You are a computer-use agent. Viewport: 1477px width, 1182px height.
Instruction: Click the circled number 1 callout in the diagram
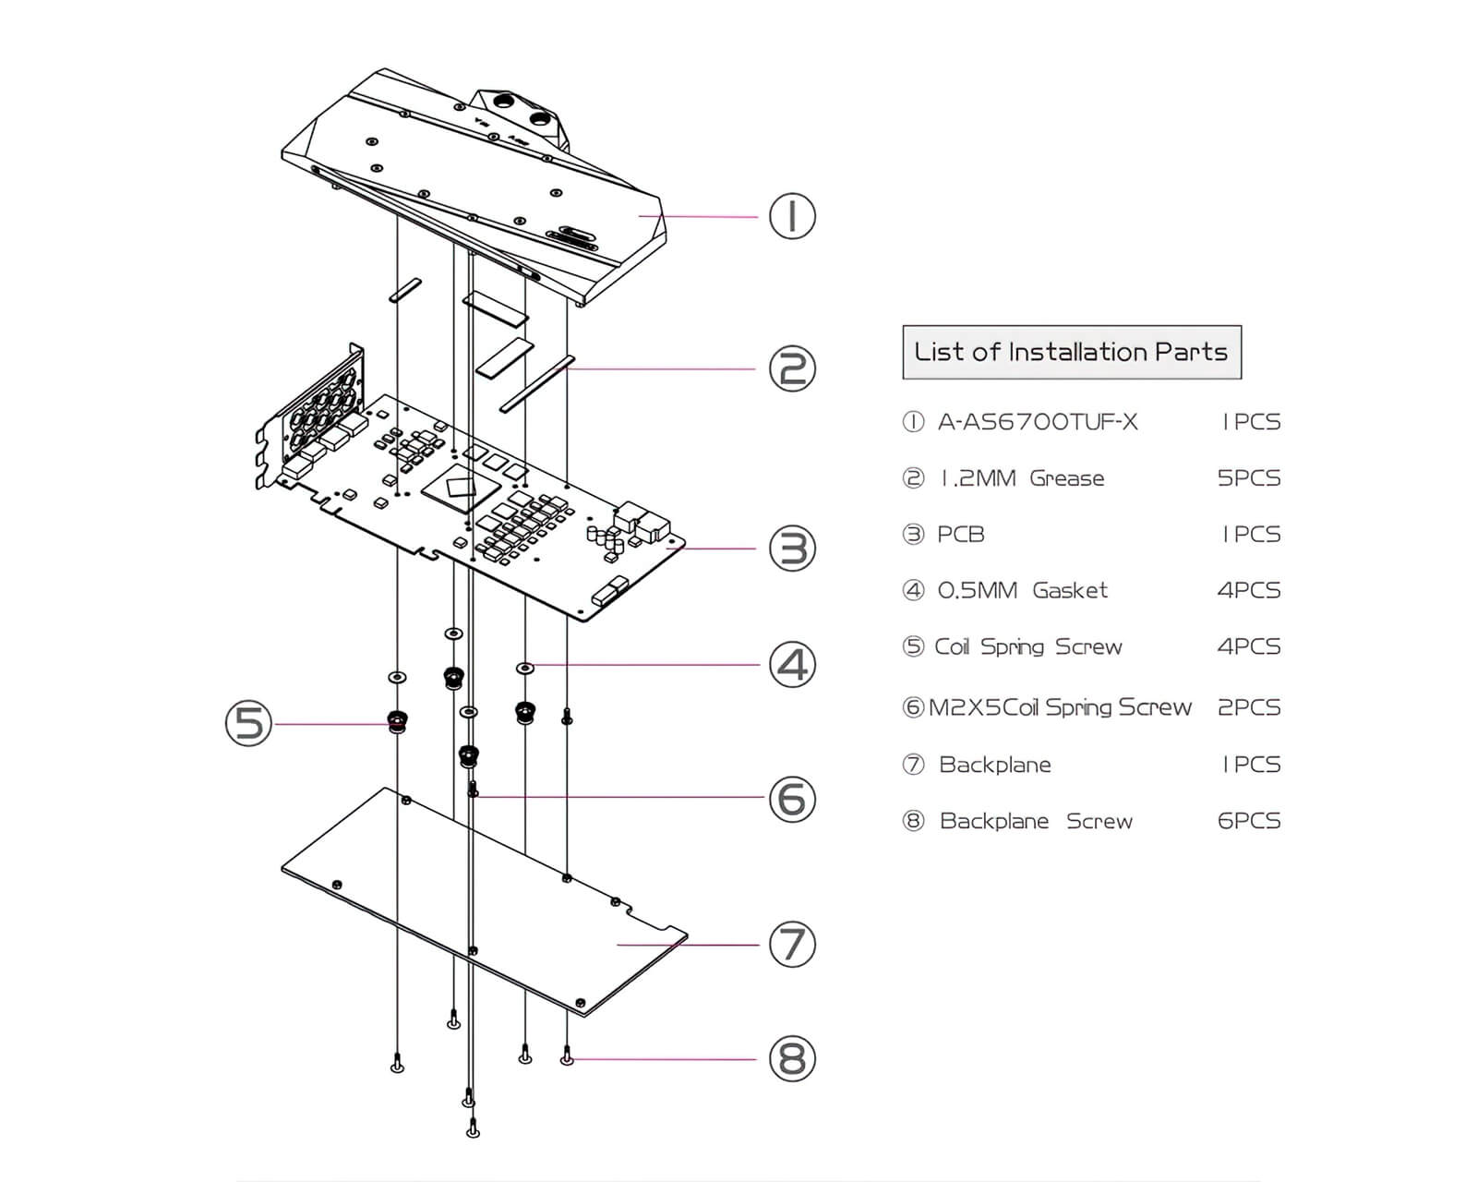click(792, 217)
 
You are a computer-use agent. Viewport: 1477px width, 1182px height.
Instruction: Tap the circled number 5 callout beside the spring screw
click(249, 723)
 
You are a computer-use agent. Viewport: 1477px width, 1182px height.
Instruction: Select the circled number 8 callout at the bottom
click(792, 1058)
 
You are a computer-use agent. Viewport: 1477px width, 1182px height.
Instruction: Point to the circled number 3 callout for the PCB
click(792, 549)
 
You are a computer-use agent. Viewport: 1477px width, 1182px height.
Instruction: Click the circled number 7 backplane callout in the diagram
click(792, 944)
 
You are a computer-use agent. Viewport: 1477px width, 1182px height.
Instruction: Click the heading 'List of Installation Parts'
click(1071, 352)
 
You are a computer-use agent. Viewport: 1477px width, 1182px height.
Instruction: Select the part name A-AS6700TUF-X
click(1038, 422)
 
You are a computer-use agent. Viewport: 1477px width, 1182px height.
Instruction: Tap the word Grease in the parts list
click(1066, 478)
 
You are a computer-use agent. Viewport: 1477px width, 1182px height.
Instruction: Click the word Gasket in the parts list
click(1069, 590)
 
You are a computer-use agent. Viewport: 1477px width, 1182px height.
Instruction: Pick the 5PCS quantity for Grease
click(1249, 478)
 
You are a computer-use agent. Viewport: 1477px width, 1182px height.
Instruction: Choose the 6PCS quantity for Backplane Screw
click(1249, 821)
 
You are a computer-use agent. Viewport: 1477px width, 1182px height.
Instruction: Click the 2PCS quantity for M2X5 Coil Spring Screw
click(1249, 707)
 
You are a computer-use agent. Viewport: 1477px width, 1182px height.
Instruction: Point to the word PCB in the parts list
click(960, 535)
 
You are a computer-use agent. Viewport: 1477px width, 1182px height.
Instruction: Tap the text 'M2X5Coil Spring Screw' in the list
click(1060, 707)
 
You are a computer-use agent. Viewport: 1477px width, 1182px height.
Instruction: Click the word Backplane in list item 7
click(994, 765)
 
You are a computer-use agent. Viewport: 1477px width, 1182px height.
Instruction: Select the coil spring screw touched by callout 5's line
click(397, 720)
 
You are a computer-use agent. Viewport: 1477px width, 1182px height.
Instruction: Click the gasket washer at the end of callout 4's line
click(524, 666)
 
